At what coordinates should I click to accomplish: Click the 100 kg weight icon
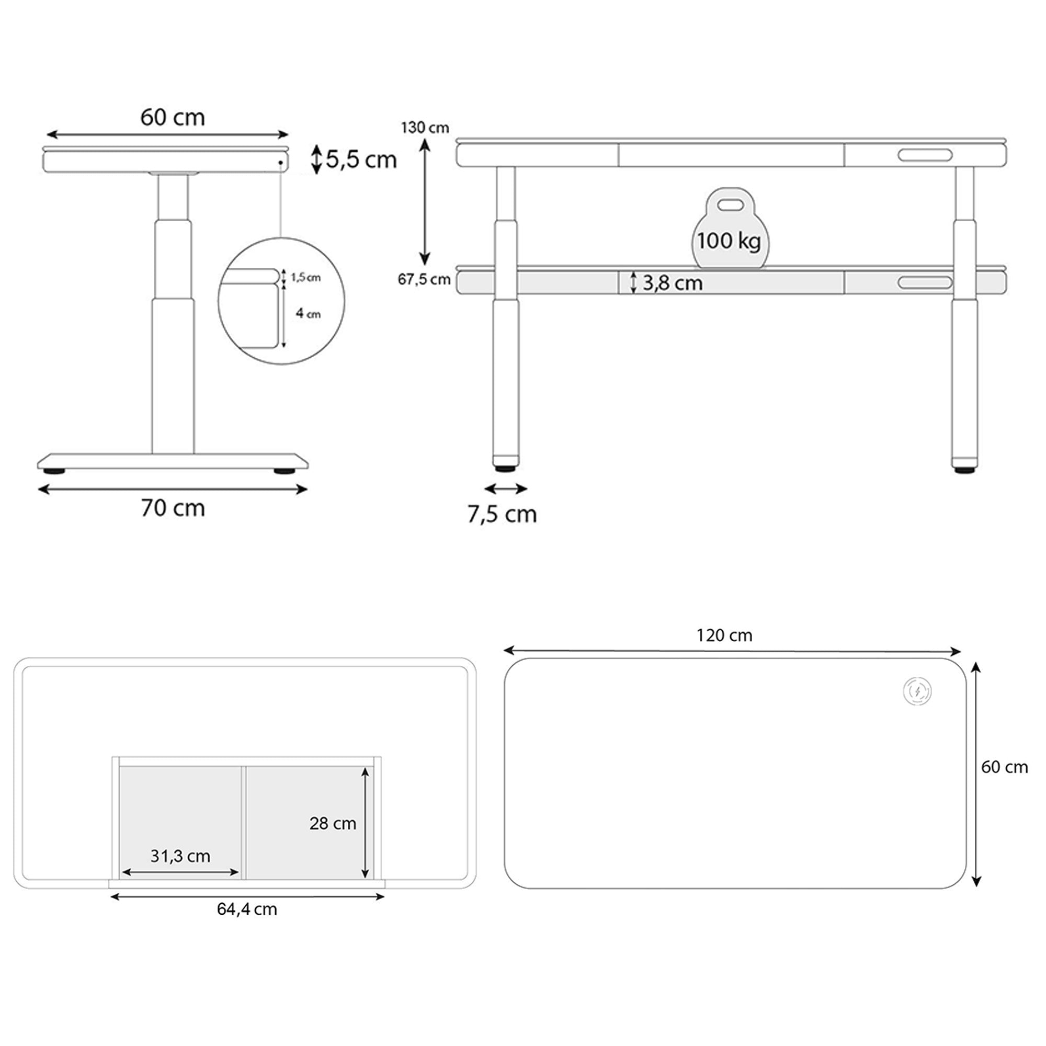[730, 228]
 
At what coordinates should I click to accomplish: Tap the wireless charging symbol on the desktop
[917, 691]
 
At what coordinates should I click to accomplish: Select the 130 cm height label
[425, 128]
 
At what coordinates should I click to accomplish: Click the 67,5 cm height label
[425, 279]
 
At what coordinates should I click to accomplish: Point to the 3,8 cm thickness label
[673, 282]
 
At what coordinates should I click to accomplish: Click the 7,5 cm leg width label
[502, 514]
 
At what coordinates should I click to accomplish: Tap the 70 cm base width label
[173, 508]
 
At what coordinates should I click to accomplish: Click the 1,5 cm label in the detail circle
[306, 278]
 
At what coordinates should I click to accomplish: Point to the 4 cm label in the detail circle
[308, 313]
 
